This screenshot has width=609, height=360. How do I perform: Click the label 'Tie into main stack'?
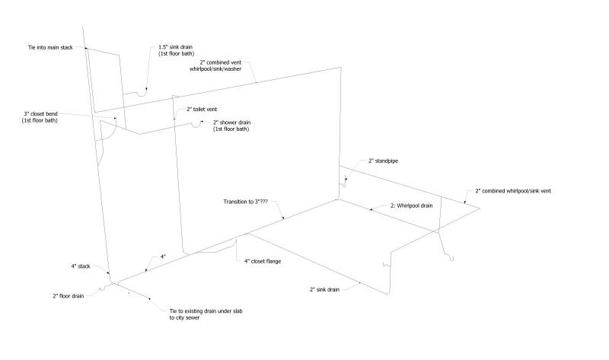click(50, 47)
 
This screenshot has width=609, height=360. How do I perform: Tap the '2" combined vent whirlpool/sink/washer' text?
click(215, 65)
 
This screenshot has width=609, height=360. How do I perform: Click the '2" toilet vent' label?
click(202, 109)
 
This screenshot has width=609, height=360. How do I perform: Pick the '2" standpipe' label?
click(384, 161)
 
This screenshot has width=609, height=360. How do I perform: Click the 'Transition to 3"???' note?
click(245, 202)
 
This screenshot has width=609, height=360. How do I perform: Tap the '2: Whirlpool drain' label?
click(412, 205)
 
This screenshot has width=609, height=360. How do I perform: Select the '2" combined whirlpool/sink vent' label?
click(513, 191)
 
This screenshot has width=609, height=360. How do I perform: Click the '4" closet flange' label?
click(263, 261)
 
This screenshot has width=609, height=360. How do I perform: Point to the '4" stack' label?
click(81, 266)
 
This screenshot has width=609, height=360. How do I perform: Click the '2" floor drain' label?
click(69, 296)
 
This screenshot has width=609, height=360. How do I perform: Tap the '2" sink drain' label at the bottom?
click(324, 289)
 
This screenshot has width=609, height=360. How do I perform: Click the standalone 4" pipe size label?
click(163, 256)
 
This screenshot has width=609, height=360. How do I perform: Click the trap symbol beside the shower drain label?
click(196, 123)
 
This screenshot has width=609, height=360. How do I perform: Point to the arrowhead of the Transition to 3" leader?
click(283, 218)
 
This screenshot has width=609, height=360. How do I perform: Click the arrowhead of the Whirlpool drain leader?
click(371, 209)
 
